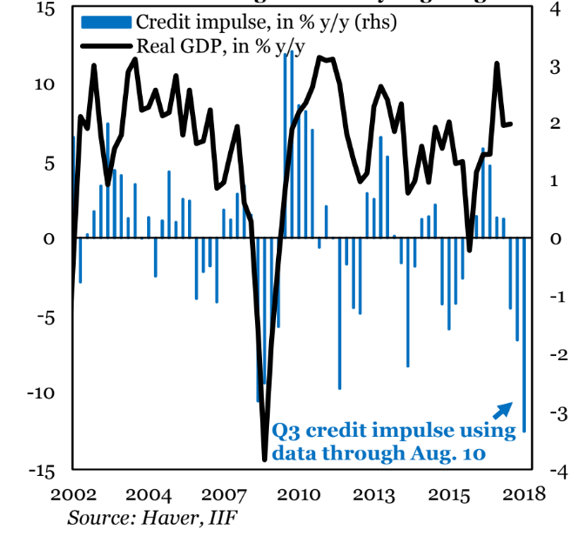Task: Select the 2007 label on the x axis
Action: (x=224, y=494)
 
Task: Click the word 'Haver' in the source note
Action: (x=176, y=517)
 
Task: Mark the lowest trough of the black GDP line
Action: (x=265, y=458)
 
